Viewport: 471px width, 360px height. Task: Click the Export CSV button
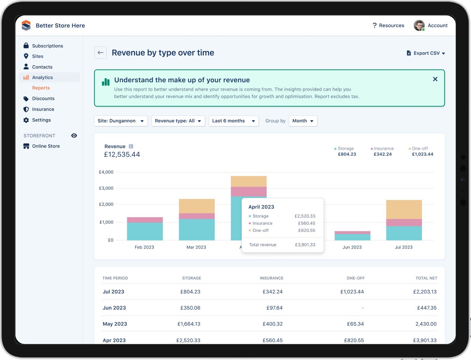pyautogui.click(x=426, y=53)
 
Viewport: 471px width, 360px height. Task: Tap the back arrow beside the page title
pyautogui.click(x=100, y=53)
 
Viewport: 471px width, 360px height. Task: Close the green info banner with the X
pyautogui.click(x=435, y=79)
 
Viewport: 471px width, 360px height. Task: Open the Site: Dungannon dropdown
pyautogui.click(x=120, y=121)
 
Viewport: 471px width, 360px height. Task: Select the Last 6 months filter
pyautogui.click(x=233, y=121)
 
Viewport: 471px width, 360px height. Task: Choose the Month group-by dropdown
pyautogui.click(x=303, y=121)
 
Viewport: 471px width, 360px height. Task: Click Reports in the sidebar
pyautogui.click(x=41, y=88)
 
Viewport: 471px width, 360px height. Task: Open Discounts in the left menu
pyautogui.click(x=43, y=99)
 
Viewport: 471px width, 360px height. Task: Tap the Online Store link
pyautogui.click(x=46, y=146)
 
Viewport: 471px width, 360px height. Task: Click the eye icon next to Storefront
pyautogui.click(x=74, y=135)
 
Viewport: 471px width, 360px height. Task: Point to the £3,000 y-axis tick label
pyautogui.click(x=106, y=188)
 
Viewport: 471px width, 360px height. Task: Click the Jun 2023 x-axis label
pyautogui.click(x=352, y=247)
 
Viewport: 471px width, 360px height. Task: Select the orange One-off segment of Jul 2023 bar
pyautogui.click(x=404, y=209)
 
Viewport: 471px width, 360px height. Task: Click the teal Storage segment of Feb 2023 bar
pyautogui.click(x=145, y=231)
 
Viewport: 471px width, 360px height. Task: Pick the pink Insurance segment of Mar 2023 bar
pyautogui.click(x=197, y=216)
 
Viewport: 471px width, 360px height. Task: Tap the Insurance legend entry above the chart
pyautogui.click(x=382, y=149)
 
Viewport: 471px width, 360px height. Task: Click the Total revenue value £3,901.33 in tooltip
pyautogui.click(x=305, y=245)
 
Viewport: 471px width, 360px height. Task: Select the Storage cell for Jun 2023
pyautogui.click(x=190, y=308)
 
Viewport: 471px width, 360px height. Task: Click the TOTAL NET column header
pyautogui.click(x=426, y=278)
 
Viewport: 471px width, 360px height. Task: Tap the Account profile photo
pyautogui.click(x=419, y=26)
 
